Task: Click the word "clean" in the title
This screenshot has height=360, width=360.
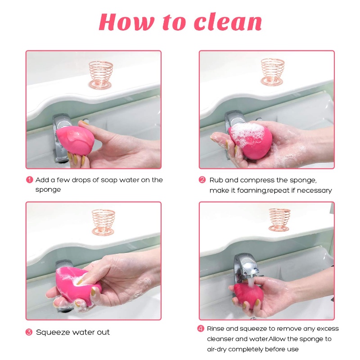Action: (228, 22)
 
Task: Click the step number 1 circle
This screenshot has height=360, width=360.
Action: (30, 180)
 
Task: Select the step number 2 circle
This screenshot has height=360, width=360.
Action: (202, 180)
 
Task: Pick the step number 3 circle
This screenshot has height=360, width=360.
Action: (29, 332)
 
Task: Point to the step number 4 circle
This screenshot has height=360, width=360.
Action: (201, 328)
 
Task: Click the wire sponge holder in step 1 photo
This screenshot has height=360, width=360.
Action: (100, 75)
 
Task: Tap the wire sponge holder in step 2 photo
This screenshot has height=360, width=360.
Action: (273, 72)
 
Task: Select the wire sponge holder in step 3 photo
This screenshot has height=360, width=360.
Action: (103, 222)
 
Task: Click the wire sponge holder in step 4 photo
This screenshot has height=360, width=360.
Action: (279, 220)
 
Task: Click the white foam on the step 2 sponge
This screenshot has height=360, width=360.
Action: (247, 134)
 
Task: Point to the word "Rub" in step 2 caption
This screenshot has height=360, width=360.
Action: (216, 180)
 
